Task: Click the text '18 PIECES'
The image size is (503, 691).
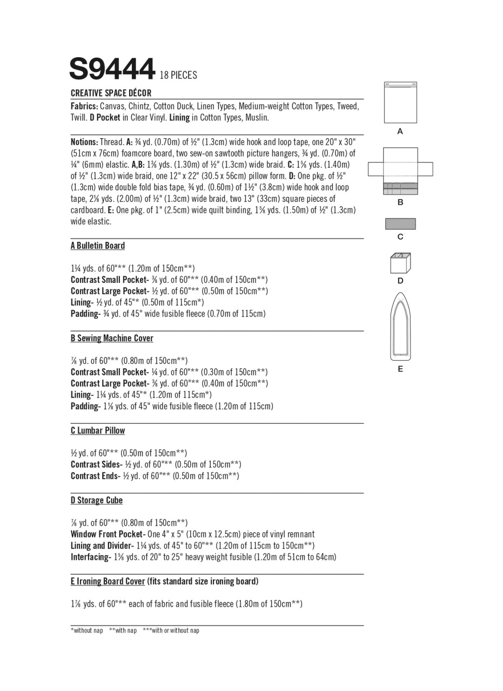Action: (178, 76)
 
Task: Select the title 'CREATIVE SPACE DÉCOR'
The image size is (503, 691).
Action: (111, 93)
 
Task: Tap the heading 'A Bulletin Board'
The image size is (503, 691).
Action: (98, 246)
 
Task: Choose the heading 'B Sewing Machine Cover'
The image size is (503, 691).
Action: (112, 338)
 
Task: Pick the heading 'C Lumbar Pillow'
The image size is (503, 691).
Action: (98, 431)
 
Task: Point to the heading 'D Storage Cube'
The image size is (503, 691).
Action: (97, 500)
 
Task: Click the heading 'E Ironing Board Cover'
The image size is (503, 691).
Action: (108, 581)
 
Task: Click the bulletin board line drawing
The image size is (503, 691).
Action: (400, 103)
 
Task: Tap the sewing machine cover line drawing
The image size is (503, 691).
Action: (400, 170)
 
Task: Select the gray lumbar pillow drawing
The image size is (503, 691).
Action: (400, 223)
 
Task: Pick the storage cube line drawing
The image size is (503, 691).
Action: (400, 263)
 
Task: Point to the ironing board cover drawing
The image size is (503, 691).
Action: (400, 326)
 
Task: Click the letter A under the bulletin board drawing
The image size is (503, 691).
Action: (400, 131)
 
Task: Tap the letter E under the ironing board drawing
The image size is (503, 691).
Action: (400, 369)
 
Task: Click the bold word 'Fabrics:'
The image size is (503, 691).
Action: (84, 106)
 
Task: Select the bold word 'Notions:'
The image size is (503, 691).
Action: (84, 142)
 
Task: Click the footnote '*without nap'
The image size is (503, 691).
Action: (87, 631)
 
